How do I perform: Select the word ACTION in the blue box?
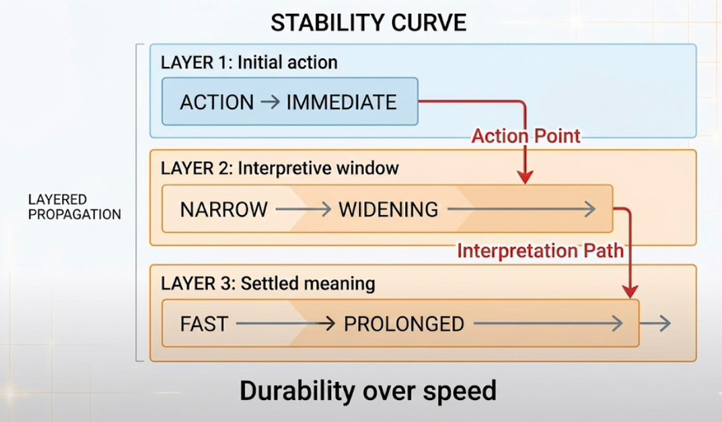(215, 102)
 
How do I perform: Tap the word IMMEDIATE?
(341, 102)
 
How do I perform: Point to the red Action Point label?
(525, 137)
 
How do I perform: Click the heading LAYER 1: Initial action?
(249, 63)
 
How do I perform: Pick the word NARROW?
(222, 210)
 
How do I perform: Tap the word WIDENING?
(388, 210)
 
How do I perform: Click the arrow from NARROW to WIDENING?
(301, 210)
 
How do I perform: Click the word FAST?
(204, 325)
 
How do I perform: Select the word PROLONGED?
(403, 325)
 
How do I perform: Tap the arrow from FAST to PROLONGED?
(285, 325)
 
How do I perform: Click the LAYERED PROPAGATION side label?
(74, 206)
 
